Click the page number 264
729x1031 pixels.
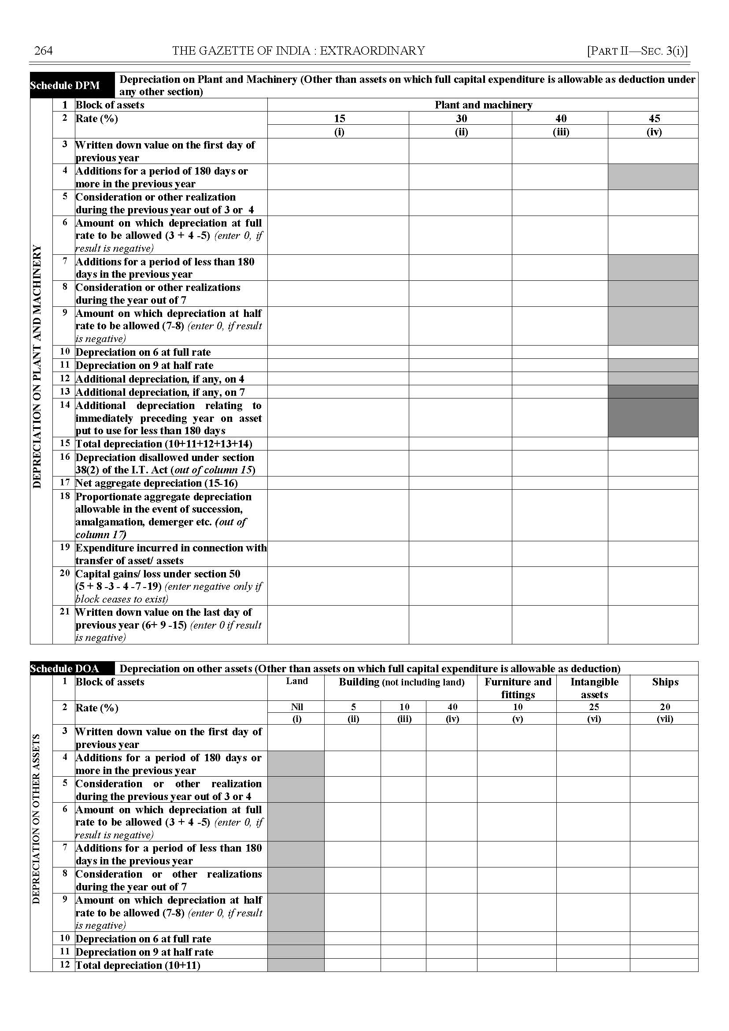coord(44,51)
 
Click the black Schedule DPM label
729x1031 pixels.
coord(65,86)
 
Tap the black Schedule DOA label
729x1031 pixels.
coord(65,669)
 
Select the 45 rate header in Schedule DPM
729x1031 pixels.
coord(654,119)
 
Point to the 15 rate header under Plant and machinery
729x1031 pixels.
coord(339,119)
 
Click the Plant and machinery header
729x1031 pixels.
coord(483,105)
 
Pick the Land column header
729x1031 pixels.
coord(297,681)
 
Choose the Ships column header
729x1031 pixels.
coord(665,682)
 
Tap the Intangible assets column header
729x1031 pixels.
coord(594,688)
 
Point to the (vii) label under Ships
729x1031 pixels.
coord(665,719)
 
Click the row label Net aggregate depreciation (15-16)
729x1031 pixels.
coord(157,483)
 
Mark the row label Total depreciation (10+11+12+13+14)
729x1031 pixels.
coord(164,444)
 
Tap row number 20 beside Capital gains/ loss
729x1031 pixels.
coord(65,573)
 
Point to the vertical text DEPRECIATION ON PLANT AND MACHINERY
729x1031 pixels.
coord(37,366)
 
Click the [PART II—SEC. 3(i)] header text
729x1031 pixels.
coord(637,51)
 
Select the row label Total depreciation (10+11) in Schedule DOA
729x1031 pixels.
coord(138,965)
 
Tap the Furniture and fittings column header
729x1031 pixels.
coord(518,688)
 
